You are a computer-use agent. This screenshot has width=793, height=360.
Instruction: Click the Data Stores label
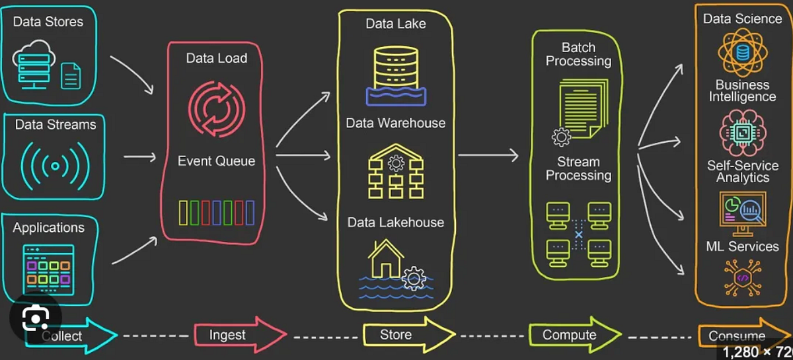pos(48,22)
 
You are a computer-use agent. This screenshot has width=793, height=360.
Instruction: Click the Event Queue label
pos(216,161)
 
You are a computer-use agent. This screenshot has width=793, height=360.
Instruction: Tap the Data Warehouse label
pos(396,123)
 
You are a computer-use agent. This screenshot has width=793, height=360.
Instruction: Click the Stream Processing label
pos(579,168)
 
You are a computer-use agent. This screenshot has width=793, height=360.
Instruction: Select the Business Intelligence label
pos(742,91)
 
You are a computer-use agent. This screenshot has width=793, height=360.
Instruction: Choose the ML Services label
pos(742,246)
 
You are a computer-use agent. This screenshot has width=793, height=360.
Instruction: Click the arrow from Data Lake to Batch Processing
pos(488,156)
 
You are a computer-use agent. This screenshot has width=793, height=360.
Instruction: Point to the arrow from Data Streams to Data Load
pos(139,157)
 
